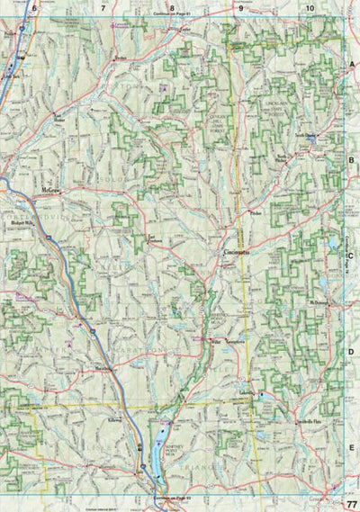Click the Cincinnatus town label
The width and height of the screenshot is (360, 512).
click(237, 255)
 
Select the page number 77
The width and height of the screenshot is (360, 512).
click(350, 503)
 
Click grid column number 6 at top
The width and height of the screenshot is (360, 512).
click(33, 7)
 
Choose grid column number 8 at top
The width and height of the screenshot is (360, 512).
click(171, 7)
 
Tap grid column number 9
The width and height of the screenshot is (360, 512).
click(240, 7)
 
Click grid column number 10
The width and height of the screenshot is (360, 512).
click(310, 7)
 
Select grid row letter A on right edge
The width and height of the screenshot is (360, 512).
click(352, 67)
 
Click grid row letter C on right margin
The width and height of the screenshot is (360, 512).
click(352, 256)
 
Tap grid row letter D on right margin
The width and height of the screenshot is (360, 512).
click(352, 351)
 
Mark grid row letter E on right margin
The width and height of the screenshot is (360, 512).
click(352, 445)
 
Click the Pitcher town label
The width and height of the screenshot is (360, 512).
click(256, 214)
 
